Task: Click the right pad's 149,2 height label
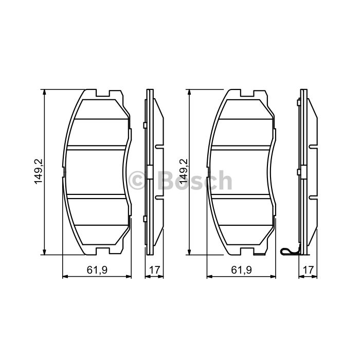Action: click(x=184, y=172)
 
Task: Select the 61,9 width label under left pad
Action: click(x=97, y=270)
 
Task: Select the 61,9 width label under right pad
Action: click(x=241, y=270)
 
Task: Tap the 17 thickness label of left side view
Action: click(x=154, y=270)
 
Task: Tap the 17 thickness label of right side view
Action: click(x=308, y=270)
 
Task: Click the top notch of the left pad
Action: click(x=103, y=94)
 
